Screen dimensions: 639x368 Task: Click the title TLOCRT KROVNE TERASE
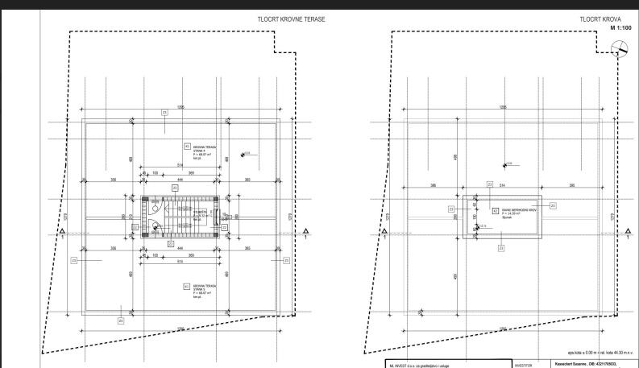pos(292,19)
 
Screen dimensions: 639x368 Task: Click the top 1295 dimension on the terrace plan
pos(181,107)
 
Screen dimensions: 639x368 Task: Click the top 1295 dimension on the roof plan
pos(503,107)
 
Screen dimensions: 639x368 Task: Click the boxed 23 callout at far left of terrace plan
pos(73,260)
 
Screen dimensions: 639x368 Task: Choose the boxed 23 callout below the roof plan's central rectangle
pos(501,248)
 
